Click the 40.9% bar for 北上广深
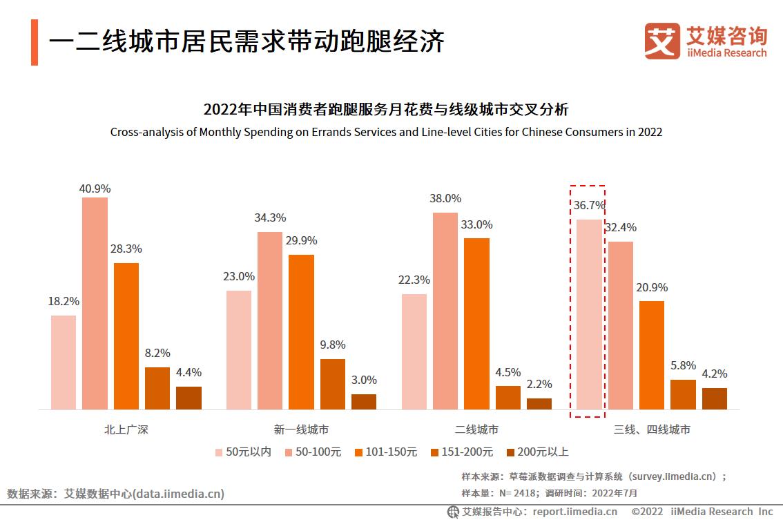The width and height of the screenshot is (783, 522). [95, 303]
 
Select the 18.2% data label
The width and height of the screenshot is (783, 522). [64, 301]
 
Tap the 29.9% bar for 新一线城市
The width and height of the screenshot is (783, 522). [301, 331]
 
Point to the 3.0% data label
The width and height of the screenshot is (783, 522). [364, 380]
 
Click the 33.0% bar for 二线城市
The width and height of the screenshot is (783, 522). [476, 323]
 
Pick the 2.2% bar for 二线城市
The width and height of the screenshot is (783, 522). [539, 403]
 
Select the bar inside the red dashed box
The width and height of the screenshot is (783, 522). [588, 314]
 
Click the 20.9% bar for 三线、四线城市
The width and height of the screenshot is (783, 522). [652, 355]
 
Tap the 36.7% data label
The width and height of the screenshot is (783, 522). [588, 205]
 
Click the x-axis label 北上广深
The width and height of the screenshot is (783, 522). [126, 429]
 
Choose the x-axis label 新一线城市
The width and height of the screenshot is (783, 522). [301, 429]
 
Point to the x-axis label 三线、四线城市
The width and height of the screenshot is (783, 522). [652, 429]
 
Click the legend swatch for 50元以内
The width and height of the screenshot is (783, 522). [218, 452]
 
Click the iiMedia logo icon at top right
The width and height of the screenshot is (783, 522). [661, 41]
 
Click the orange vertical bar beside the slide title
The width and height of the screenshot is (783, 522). [35, 43]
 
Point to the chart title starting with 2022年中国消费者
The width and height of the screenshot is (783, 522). [386, 110]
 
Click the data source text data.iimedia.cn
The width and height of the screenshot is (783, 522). [179, 494]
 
